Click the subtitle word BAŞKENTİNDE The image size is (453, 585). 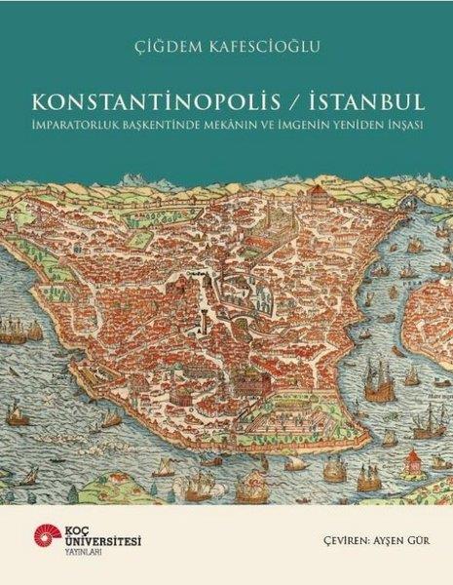pyautogui.click(x=168, y=127)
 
